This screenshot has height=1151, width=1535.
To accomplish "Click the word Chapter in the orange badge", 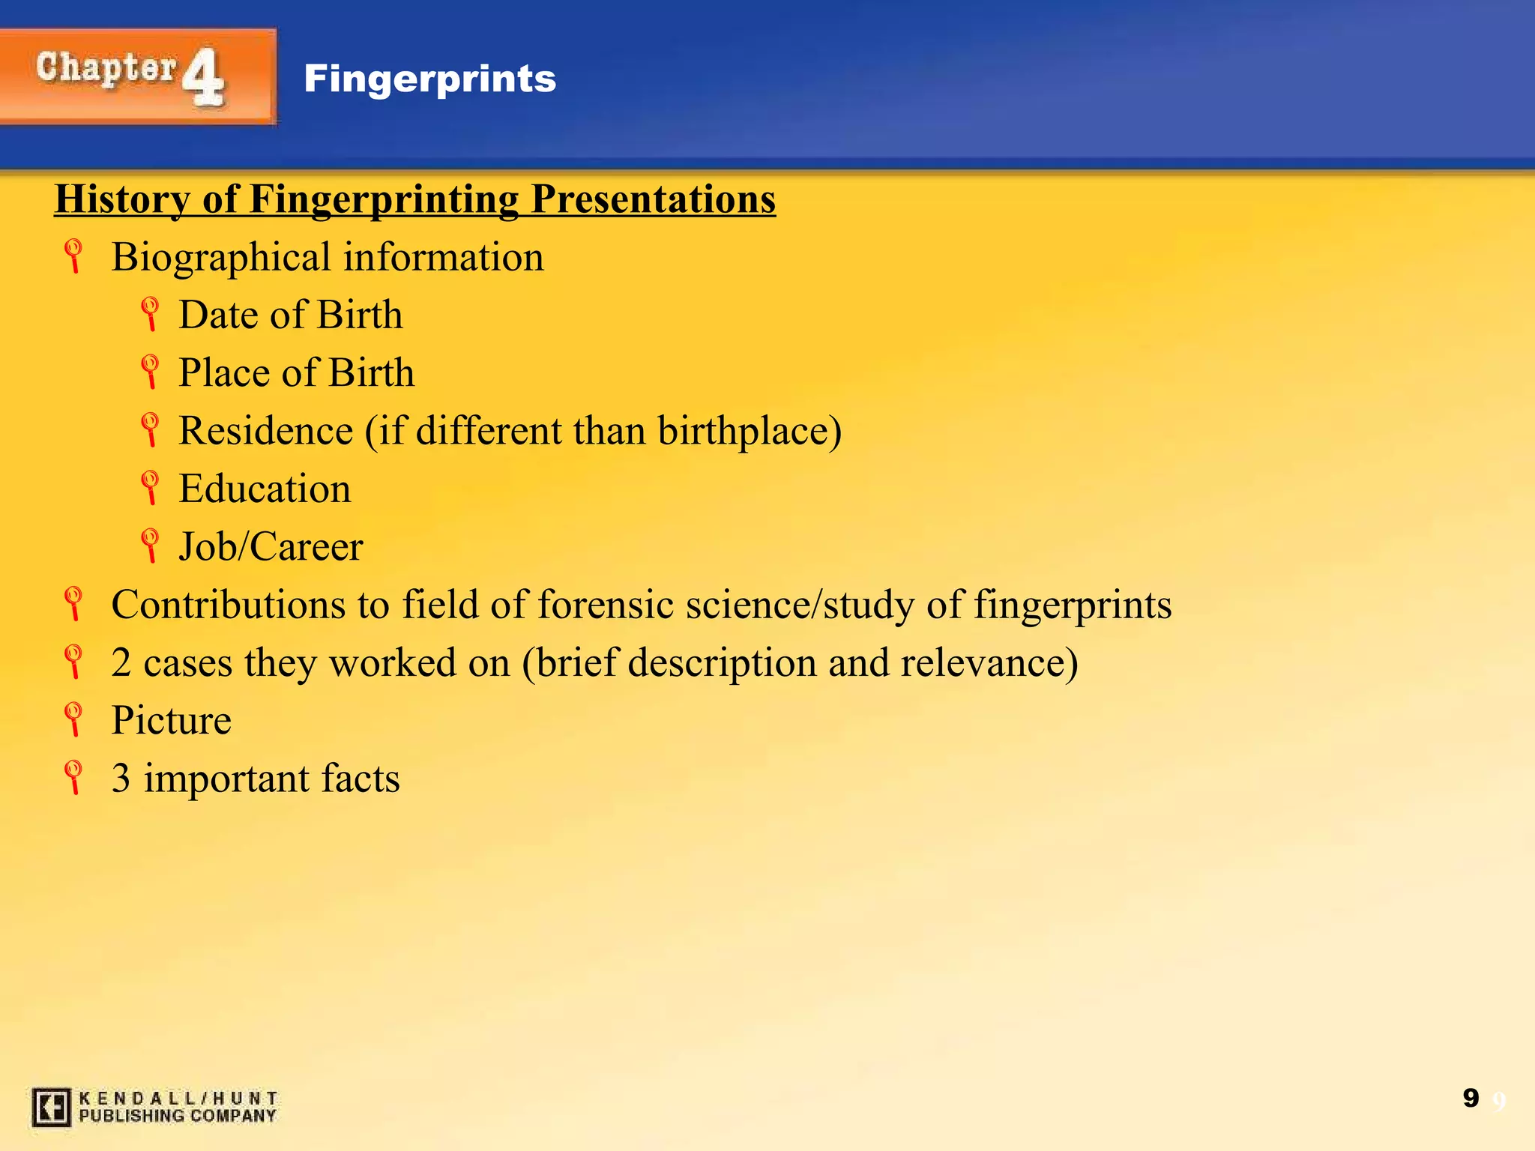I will click(x=105, y=69).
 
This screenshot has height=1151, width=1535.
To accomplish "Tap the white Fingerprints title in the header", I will click(x=429, y=79).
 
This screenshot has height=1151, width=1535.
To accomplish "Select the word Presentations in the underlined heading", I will click(x=653, y=199).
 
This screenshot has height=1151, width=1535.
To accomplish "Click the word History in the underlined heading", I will click(x=121, y=199).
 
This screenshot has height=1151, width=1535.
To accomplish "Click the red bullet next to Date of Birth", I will click(x=150, y=313).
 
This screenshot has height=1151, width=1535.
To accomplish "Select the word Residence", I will click(x=265, y=431).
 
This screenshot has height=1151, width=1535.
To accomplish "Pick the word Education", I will click(x=265, y=489).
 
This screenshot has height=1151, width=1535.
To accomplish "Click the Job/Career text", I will click(x=271, y=546).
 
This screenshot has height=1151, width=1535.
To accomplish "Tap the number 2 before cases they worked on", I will click(x=121, y=663).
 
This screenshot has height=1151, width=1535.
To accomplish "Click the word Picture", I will click(x=171, y=720).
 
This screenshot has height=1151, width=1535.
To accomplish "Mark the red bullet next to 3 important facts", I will click(x=73, y=777).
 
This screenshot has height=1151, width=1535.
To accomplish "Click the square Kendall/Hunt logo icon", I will click(x=51, y=1107).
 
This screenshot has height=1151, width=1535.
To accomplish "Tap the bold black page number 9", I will click(x=1471, y=1099).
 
